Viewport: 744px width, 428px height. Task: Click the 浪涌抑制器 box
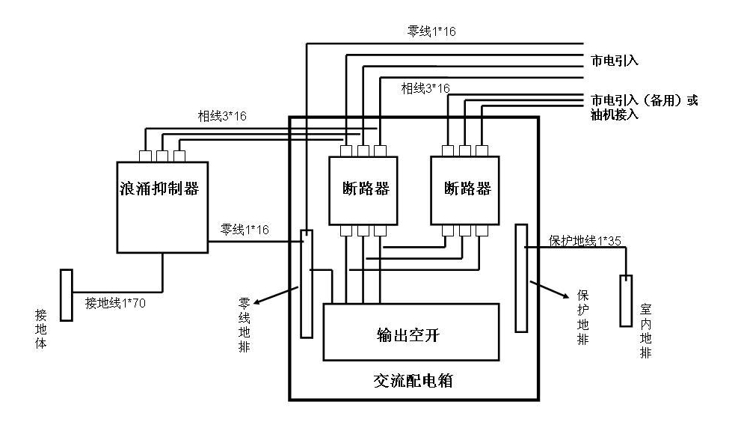162,206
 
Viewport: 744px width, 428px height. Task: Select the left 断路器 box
363,190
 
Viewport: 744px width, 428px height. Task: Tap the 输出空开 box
411,331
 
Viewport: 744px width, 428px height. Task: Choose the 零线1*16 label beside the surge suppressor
245,229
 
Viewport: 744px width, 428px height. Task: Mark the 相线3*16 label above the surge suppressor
222,116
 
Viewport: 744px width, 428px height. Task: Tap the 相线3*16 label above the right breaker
425,88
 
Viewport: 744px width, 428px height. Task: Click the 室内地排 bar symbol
625,301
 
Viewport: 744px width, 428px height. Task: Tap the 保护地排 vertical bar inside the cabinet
521,277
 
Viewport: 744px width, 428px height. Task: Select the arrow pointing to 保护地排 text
547,290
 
